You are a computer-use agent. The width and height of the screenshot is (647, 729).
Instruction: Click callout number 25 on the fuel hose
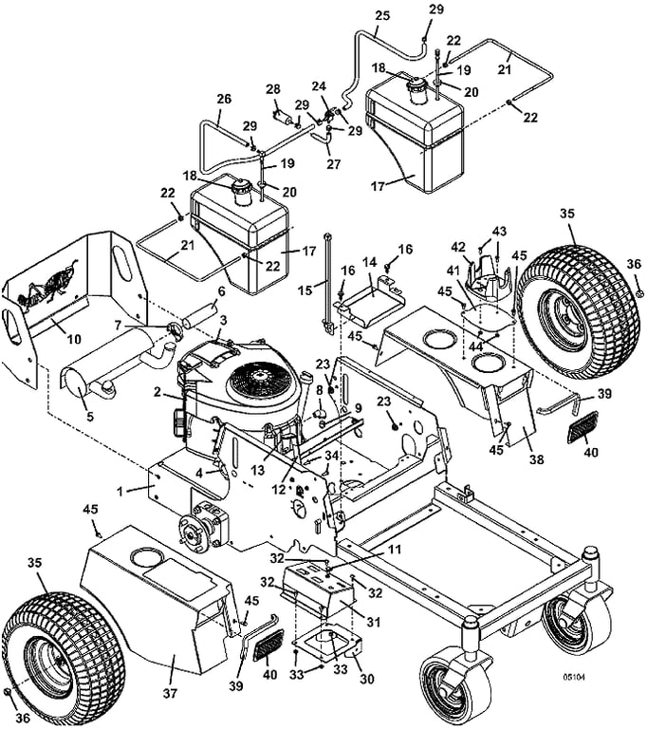point(382,17)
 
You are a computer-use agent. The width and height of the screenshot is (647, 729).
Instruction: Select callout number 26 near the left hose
point(225,98)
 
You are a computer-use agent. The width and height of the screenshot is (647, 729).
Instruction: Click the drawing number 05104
point(572,678)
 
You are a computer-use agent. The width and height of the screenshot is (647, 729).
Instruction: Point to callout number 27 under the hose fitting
point(331,162)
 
